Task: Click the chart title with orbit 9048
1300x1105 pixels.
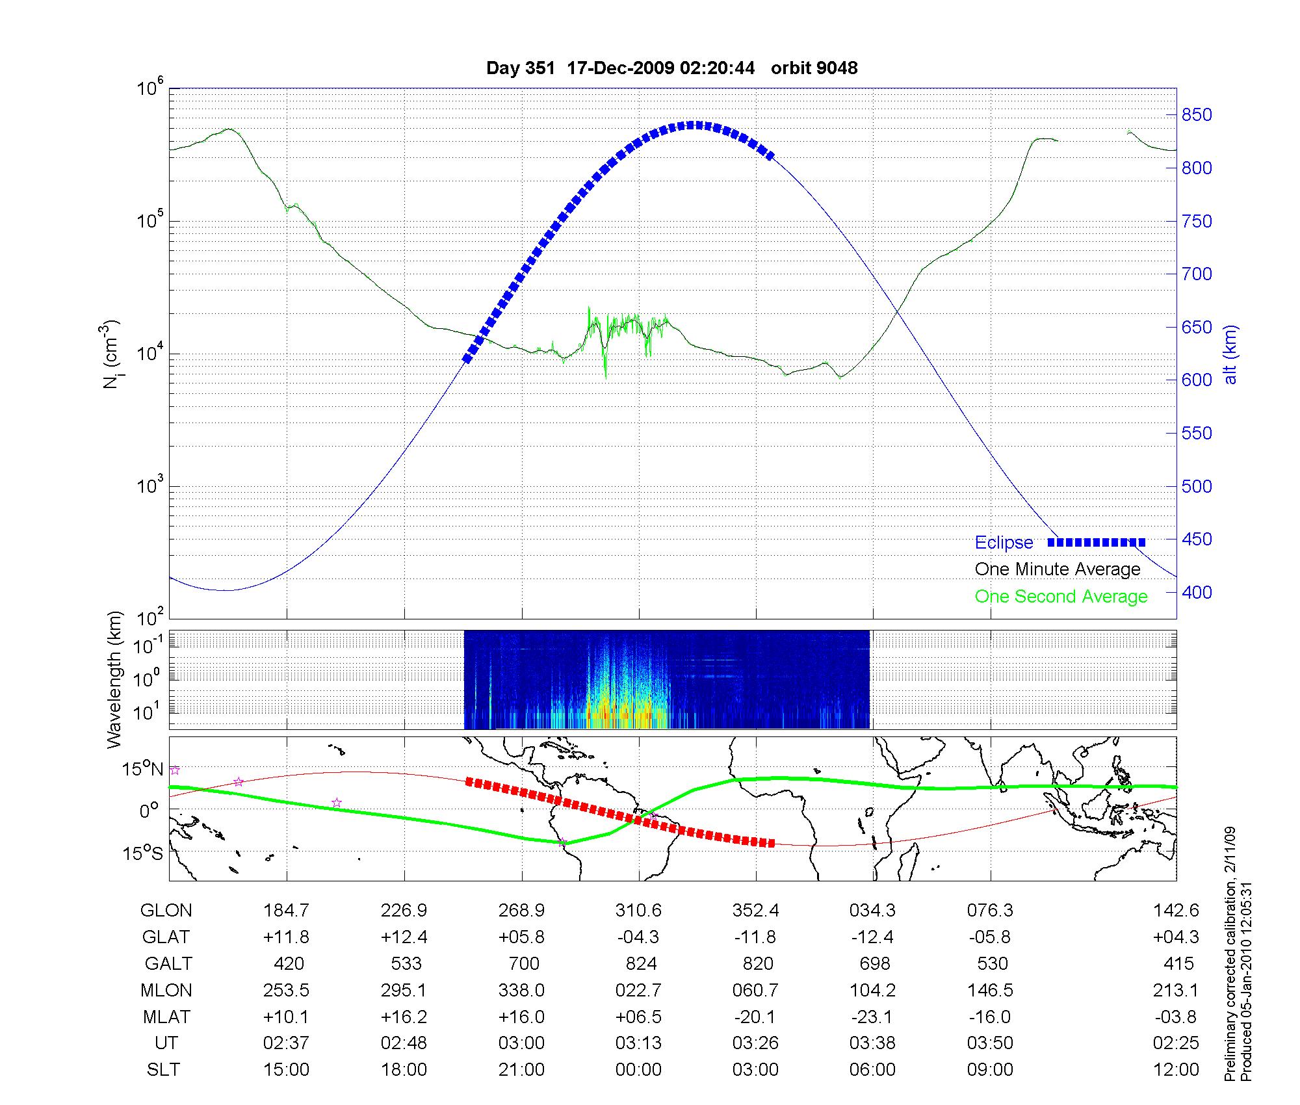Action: (x=671, y=68)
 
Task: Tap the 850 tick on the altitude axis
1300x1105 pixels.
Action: (x=1197, y=115)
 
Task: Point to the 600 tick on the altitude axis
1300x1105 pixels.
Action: (x=1197, y=380)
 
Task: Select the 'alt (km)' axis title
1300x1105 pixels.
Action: (x=1230, y=354)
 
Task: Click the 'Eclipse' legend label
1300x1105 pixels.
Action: (x=1004, y=543)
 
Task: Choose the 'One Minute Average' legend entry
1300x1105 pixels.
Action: (x=1058, y=569)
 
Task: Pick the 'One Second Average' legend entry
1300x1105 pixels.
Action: (x=1061, y=597)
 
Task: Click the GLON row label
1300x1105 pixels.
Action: (x=166, y=911)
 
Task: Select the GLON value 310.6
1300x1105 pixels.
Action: (x=638, y=911)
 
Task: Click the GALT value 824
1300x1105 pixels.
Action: (x=641, y=963)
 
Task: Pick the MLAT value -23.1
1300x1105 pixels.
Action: (x=873, y=1017)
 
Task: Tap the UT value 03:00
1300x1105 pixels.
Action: (x=521, y=1043)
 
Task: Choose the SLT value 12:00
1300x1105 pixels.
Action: (x=1176, y=1070)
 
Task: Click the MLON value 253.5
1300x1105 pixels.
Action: (x=286, y=990)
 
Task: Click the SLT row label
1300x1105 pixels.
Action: (x=163, y=1070)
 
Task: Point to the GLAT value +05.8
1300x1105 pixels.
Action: (x=521, y=937)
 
